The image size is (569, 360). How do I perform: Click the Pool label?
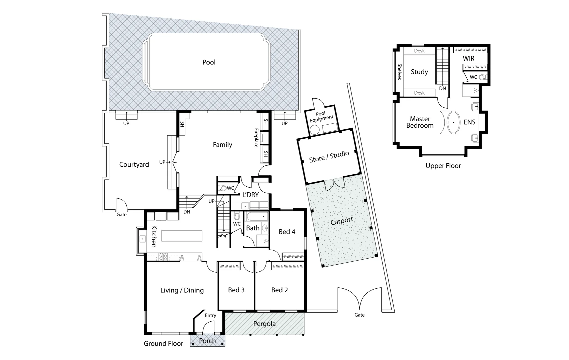pyautogui.click(x=209, y=62)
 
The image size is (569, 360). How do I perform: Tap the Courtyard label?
pyautogui.click(x=134, y=164)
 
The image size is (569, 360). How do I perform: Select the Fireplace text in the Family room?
pyautogui.click(x=256, y=138)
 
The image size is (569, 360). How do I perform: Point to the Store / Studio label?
pyautogui.click(x=329, y=157)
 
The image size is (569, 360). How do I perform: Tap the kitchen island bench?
pyautogui.click(x=182, y=236)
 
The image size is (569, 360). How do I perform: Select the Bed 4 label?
pyautogui.click(x=287, y=232)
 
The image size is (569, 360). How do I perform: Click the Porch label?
pyautogui.click(x=207, y=341)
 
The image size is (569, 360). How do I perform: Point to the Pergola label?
pyautogui.click(x=264, y=324)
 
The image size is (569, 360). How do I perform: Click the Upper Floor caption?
pyautogui.click(x=443, y=166)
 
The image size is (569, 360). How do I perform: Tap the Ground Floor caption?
pyautogui.click(x=163, y=343)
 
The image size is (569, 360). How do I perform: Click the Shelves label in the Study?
pyautogui.click(x=399, y=72)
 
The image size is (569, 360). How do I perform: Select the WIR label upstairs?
pyautogui.click(x=468, y=58)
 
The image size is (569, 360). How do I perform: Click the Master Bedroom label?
pyautogui.click(x=420, y=122)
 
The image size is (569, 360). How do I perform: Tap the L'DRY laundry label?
pyautogui.click(x=250, y=195)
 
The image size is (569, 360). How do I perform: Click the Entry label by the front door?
pyautogui.click(x=210, y=315)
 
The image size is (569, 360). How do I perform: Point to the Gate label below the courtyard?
pyautogui.click(x=121, y=215)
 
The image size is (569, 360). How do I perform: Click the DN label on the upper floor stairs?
pyautogui.click(x=442, y=88)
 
